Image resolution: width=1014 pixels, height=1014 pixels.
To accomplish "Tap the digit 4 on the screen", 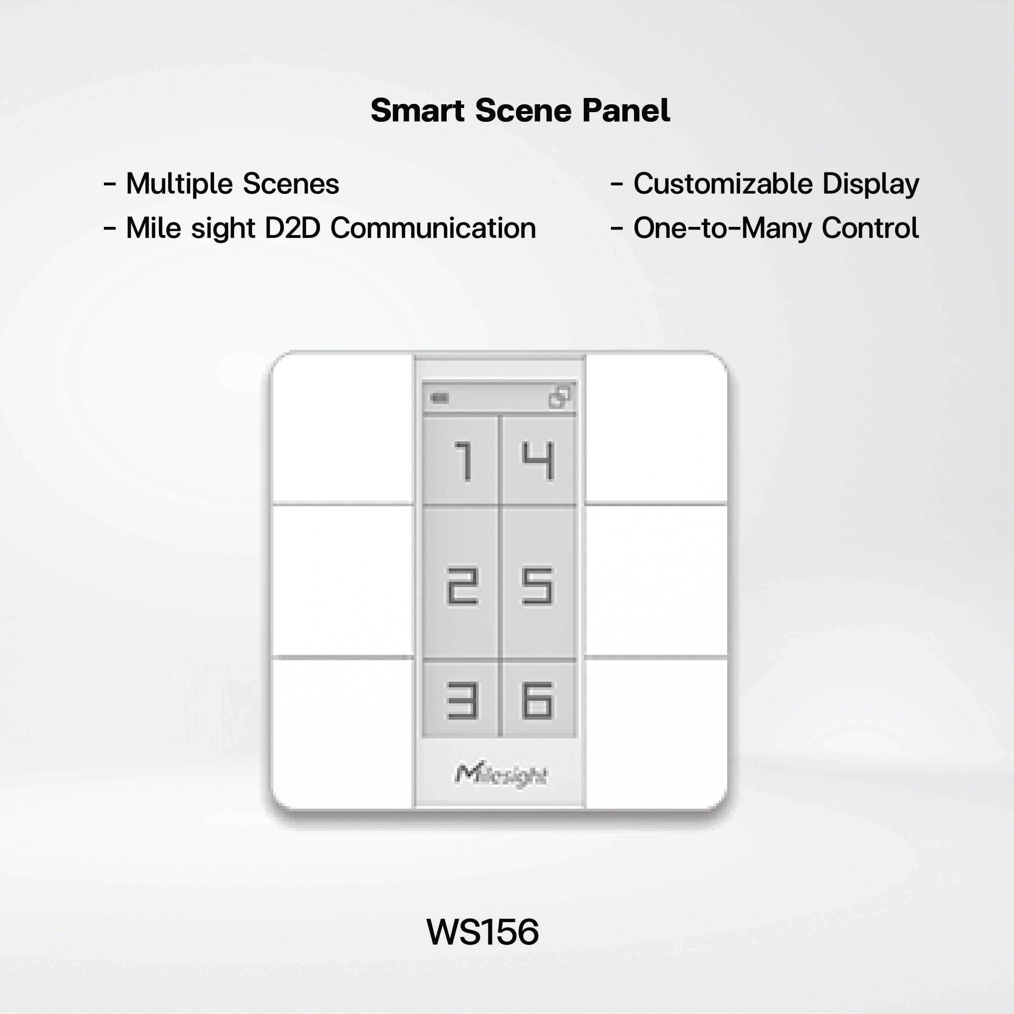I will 538,461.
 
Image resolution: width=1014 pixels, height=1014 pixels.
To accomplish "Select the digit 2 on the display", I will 462,586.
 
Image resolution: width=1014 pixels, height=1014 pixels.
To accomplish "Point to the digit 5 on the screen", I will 538,586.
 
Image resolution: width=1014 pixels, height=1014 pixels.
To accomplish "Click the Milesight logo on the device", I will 501,775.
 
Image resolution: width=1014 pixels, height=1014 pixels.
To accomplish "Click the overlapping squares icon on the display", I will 560,397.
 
